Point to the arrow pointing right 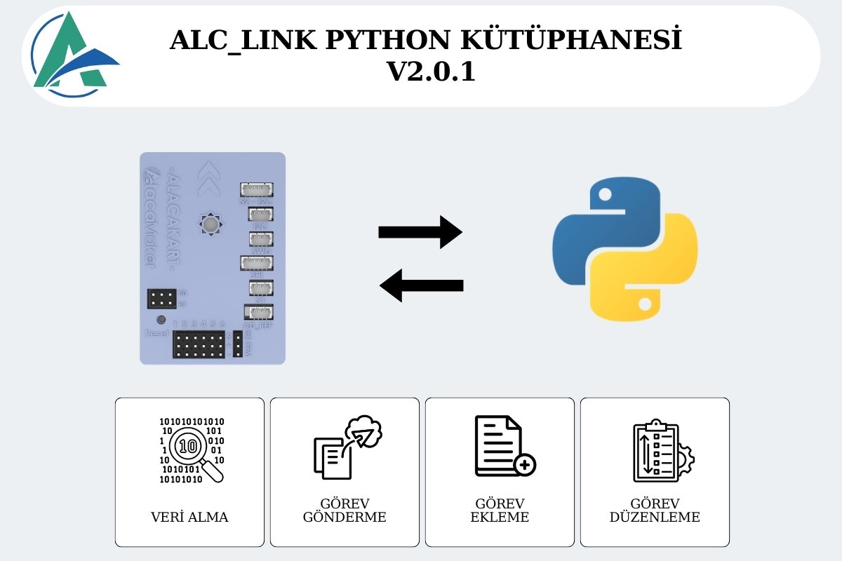click(420, 232)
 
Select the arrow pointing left click(421, 285)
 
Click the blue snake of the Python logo click(603, 224)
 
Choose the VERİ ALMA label click(189, 518)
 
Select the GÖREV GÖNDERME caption click(345, 511)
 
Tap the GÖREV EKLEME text click(500, 511)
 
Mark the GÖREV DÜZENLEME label click(655, 511)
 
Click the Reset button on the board click(161, 320)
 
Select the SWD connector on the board click(261, 238)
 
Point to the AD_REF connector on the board click(258, 312)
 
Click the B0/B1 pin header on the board click(161, 299)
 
